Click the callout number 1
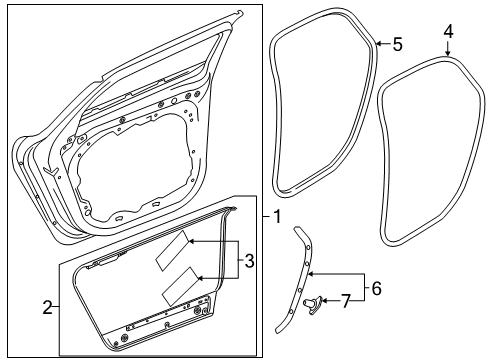coord(277,217)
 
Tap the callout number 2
coord(48,307)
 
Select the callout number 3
coord(249,261)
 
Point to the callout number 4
coord(448,32)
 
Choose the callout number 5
coord(397,44)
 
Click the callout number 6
coord(376,288)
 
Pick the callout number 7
coord(346,302)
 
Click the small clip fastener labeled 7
coord(312,305)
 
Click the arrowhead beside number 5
coord(379,43)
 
